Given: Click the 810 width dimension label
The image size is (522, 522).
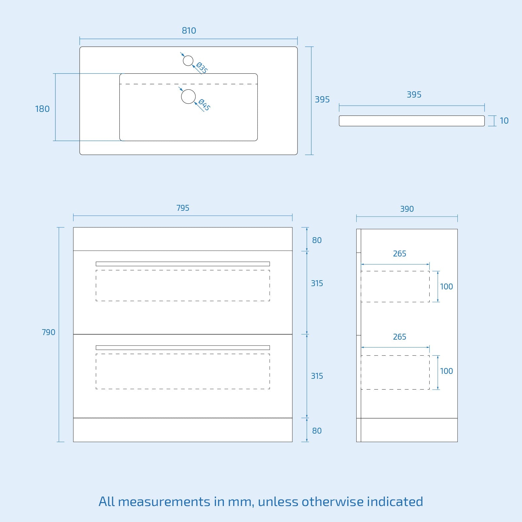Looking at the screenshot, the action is pos(189,31).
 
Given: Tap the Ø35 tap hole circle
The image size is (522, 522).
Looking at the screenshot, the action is pos(188,61).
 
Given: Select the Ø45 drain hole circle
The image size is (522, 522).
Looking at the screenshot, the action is pos(188,97).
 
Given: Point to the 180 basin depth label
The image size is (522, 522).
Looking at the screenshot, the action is pos(42,109).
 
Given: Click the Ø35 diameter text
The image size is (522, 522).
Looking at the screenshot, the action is pos(202,68).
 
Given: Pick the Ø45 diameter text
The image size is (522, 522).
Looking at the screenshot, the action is pos(204,105).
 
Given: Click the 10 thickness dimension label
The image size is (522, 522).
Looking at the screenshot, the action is pos(504,121).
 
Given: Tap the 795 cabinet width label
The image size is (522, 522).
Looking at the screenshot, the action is pos(183,208).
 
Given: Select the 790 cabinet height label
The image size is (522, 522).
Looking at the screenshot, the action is pos(49,332).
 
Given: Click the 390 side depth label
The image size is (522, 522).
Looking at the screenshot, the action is pos(407,209).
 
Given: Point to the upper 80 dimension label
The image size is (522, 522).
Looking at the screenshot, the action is pos(317,240).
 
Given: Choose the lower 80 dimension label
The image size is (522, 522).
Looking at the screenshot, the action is pos(317,431).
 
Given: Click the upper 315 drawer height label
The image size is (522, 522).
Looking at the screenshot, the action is pos(317,284).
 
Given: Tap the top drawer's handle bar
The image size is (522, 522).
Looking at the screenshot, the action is pos(183,264).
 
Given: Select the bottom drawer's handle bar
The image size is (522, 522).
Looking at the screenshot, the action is pos(183,348).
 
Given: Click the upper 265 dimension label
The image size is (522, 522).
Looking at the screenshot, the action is pos(399,254).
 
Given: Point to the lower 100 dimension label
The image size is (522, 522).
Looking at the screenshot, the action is pos(446,371).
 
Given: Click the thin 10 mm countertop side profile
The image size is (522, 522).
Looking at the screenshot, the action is pos(412,121).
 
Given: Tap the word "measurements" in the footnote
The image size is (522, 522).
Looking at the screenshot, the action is pos(164,501).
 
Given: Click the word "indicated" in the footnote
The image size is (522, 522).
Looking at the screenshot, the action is pos(395,501).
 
